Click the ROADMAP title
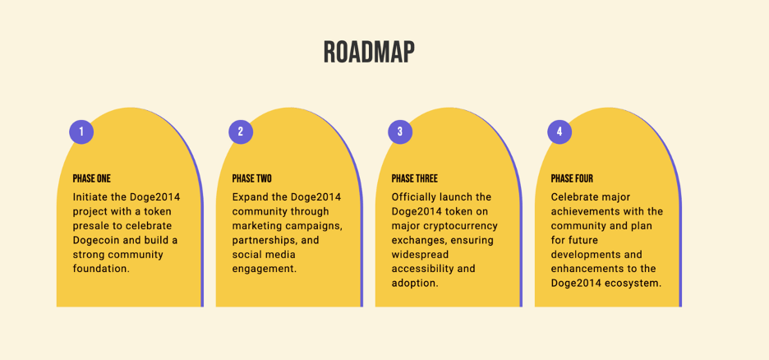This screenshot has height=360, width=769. click(x=369, y=52)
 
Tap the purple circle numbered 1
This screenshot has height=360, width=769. click(x=81, y=132)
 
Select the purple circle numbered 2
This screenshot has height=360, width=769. click(x=241, y=132)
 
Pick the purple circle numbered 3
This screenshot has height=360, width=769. click(x=400, y=132)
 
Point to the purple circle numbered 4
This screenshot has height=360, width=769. click(x=559, y=132)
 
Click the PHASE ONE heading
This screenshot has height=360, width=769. click(x=92, y=178)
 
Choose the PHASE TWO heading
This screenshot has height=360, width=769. click(x=252, y=178)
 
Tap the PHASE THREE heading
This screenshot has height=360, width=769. click(x=415, y=178)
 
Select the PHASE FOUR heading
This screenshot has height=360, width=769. click(x=572, y=178)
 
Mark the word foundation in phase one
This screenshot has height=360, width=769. click(x=101, y=269)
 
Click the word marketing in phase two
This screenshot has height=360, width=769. click(x=254, y=227)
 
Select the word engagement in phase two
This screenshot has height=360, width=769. click(x=265, y=270)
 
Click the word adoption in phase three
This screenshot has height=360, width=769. click(x=414, y=284)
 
